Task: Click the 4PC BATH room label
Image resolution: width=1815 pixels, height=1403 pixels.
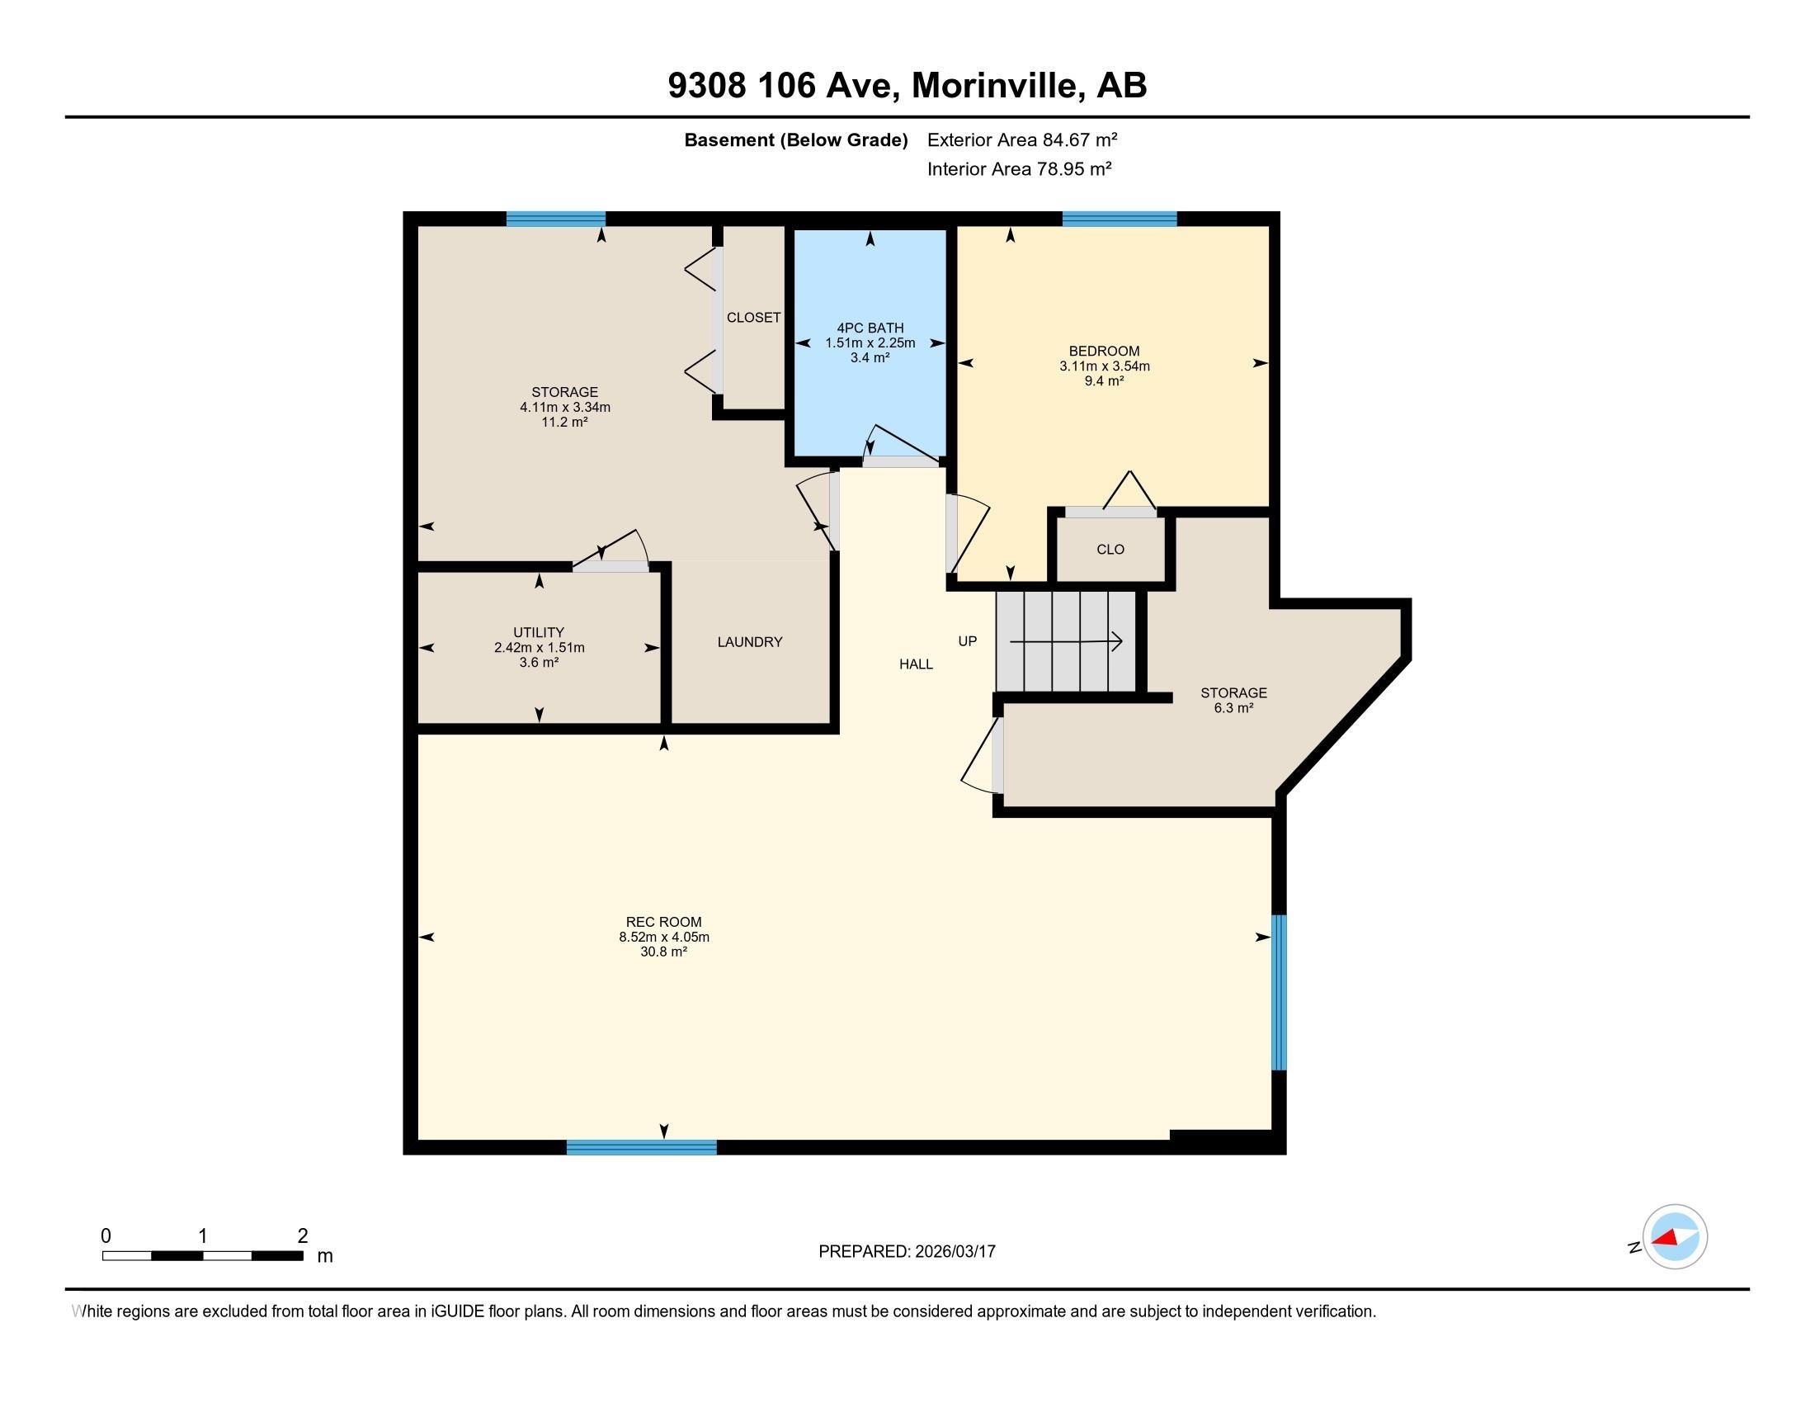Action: tap(870, 328)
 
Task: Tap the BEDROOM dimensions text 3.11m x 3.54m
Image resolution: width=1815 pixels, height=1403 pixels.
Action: tap(1104, 366)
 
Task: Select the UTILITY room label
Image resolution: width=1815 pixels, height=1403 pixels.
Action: tap(539, 631)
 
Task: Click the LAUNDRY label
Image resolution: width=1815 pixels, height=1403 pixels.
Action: tap(750, 641)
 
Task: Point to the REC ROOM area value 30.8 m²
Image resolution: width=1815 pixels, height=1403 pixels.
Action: tap(663, 952)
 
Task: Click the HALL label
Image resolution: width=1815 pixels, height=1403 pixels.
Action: tap(916, 664)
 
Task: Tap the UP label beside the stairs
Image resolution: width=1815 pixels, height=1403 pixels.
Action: tap(968, 640)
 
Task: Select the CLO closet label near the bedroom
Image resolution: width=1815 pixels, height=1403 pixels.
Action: tap(1110, 550)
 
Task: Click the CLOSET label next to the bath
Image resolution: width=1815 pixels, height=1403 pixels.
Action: tap(753, 318)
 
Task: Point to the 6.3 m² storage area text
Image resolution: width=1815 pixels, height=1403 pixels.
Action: tap(1233, 708)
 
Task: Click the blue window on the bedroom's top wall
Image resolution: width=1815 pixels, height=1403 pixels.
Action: tap(1120, 219)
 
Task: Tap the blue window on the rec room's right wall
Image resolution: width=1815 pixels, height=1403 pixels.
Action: tap(1279, 992)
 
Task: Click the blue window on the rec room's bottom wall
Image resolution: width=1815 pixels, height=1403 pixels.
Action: tap(641, 1147)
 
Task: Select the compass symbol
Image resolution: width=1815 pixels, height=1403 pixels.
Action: tap(1674, 1237)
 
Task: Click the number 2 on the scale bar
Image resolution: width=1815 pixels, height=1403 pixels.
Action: tap(303, 1235)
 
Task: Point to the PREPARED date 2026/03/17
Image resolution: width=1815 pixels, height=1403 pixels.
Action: tap(954, 1251)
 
